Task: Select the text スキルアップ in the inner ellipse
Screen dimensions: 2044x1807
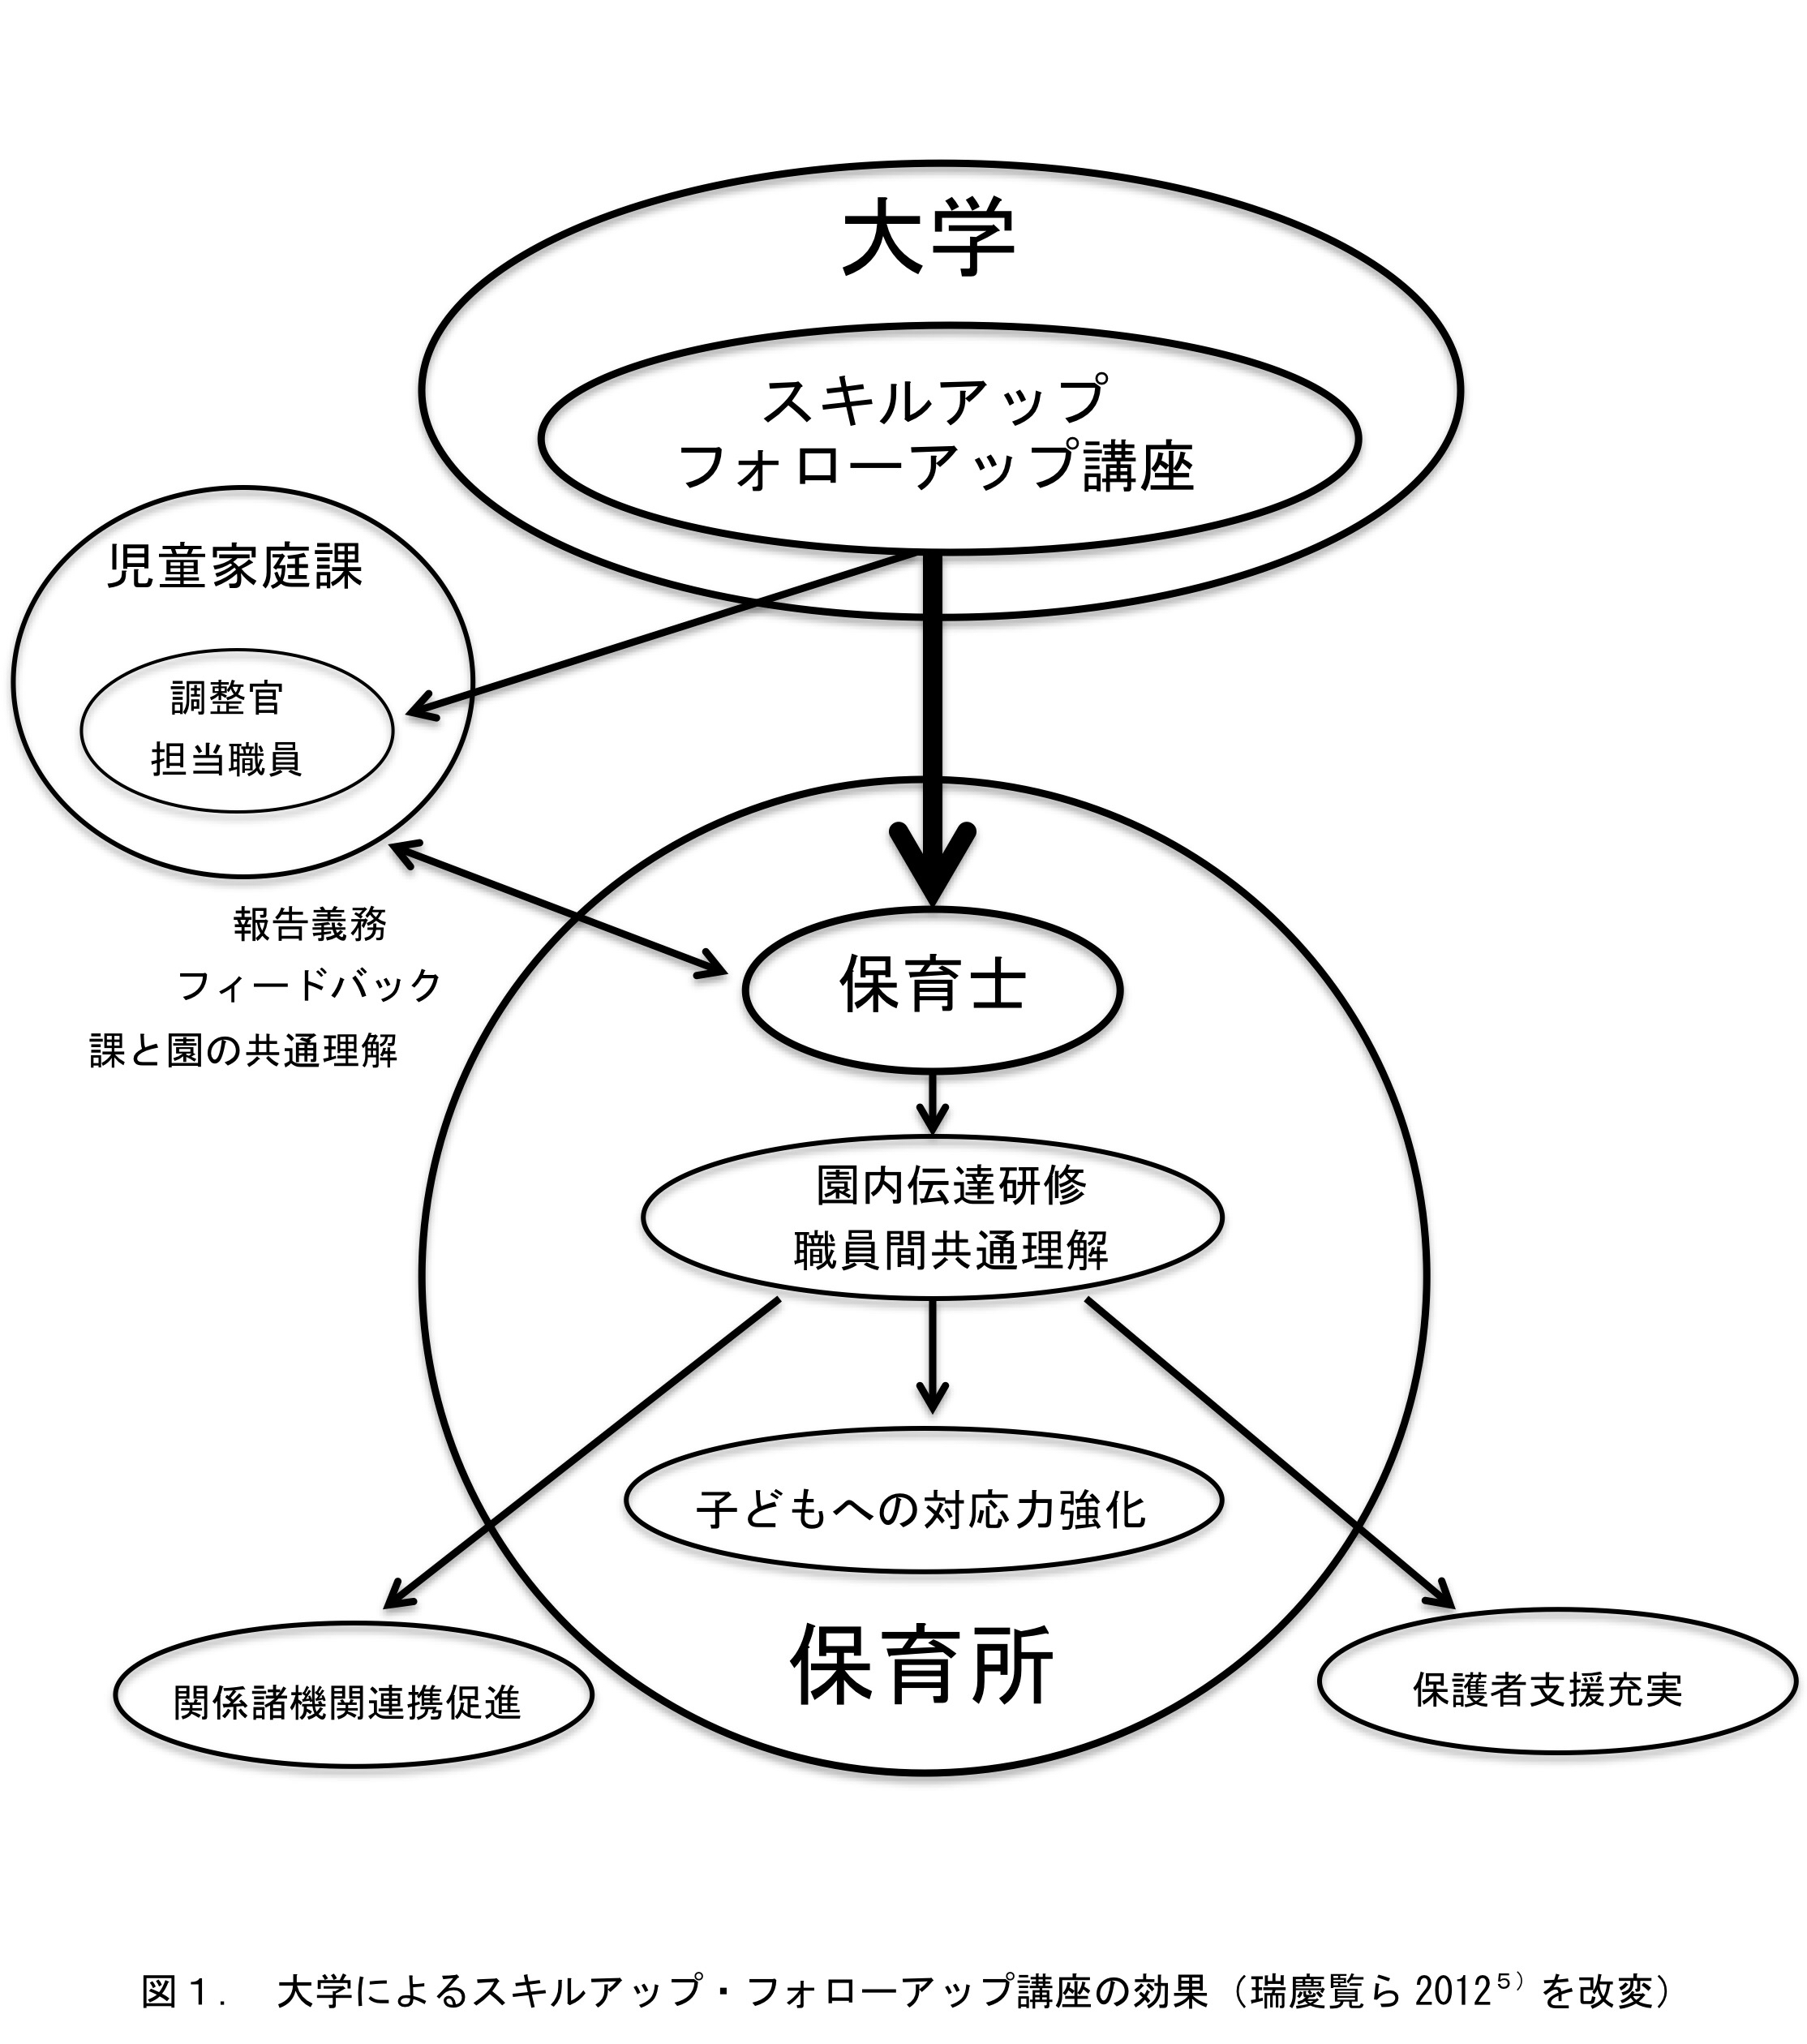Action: click(x=934, y=398)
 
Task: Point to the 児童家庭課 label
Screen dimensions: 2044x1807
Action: click(x=234, y=568)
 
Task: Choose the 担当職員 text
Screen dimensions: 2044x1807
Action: click(x=227, y=760)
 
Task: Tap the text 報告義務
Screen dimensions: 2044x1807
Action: click(x=310, y=924)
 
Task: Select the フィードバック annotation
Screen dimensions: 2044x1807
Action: click(x=310, y=986)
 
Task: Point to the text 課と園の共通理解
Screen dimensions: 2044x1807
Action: click(x=244, y=1050)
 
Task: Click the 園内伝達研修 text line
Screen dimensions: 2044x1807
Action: click(x=951, y=1186)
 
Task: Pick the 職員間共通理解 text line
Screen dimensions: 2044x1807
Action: click(x=951, y=1251)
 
